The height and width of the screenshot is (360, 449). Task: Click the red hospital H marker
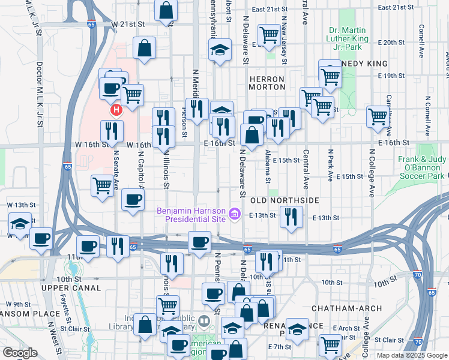[x=116, y=110]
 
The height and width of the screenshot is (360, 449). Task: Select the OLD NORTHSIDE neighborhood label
[x=284, y=200]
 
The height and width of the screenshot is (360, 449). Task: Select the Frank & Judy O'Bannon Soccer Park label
[x=423, y=167]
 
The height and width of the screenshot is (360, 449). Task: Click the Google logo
[x=20, y=353]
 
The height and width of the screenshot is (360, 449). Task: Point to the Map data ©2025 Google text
[x=411, y=355]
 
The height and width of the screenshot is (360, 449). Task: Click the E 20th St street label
[x=394, y=43]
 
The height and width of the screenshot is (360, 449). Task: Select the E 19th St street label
[x=394, y=76]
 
